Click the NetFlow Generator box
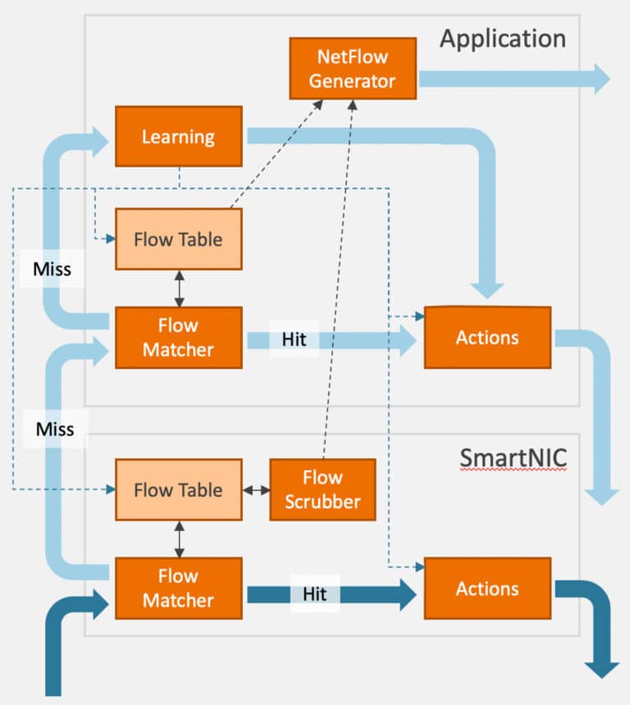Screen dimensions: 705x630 click(353, 70)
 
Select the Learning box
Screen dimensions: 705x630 click(178, 136)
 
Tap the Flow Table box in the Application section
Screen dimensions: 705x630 click(178, 239)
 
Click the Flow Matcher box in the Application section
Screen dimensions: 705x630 click(178, 338)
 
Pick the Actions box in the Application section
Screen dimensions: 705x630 click(487, 338)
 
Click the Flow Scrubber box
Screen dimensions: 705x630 click(322, 489)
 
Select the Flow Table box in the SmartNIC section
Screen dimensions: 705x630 click(178, 490)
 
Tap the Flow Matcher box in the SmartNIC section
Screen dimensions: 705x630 click(178, 589)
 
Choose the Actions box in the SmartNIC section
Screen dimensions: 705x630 click(487, 589)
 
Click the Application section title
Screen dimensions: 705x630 click(502, 39)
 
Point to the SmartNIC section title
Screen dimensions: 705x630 click(513, 457)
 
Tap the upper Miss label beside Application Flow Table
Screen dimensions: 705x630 click(52, 269)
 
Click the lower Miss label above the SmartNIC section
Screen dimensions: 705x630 click(55, 429)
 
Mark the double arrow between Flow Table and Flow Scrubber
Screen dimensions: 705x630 click(256, 490)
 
